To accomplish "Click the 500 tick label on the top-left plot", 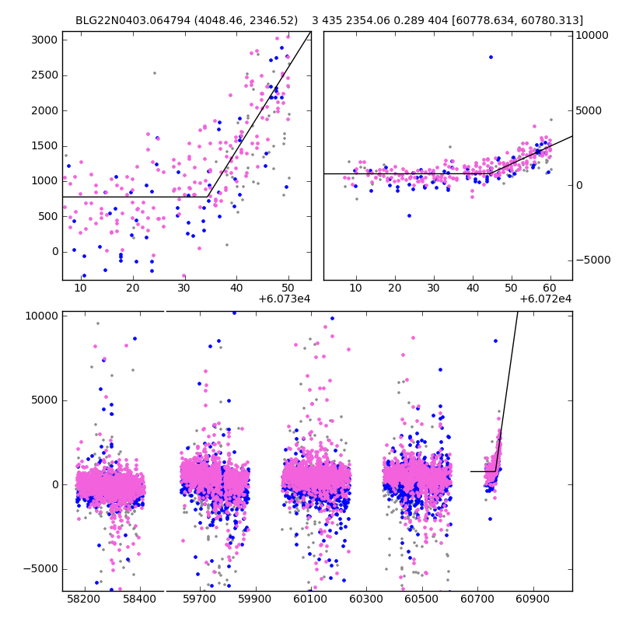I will pos(46,216).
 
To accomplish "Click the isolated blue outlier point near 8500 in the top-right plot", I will pos(491,57).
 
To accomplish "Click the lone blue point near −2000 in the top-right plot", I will pos(409,215).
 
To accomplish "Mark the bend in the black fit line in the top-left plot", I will pos(208,197).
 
